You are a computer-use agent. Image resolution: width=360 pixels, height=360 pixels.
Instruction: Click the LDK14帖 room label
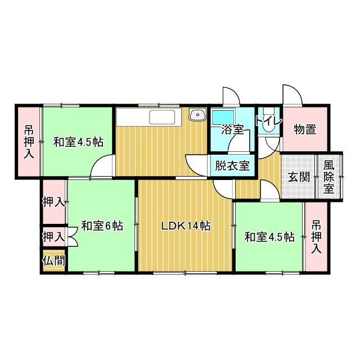coord(186,226)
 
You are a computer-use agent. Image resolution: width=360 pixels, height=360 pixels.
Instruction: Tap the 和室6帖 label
coord(102,226)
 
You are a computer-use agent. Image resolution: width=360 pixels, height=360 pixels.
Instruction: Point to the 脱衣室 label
coord(232,166)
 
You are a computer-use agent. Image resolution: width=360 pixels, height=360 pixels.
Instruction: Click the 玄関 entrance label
coord(299,177)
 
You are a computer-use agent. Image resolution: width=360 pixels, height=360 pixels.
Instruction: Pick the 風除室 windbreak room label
coord(329,177)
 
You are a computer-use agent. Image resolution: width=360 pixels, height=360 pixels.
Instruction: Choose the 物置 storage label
coord(305,129)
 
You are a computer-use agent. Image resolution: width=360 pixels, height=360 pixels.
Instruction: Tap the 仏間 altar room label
coord(53,260)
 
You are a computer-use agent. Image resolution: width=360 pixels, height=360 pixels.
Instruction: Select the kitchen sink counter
coord(163,118)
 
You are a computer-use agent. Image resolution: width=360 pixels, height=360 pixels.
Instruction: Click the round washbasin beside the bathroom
coord(197,115)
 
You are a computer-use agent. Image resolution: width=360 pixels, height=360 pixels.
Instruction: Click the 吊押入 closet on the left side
coord(28,142)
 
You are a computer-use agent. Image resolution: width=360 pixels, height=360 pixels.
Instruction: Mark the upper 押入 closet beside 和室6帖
coord(53,201)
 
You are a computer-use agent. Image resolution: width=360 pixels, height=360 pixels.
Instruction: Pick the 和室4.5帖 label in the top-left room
coord(78,142)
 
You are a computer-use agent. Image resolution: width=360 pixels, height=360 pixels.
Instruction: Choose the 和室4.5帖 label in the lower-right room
coord(269,237)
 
